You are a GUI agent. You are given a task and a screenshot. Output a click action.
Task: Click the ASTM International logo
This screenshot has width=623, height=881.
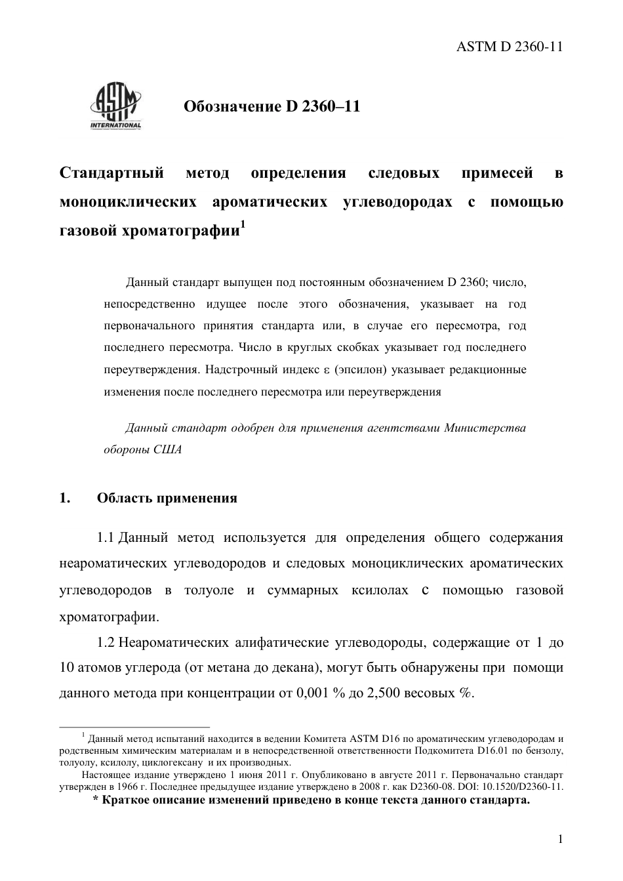coord(115,107)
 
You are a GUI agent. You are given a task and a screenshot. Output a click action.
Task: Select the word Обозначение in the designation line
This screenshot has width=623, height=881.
coord(231,106)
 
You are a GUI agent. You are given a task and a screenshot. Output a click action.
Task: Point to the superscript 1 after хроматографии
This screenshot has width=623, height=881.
coord(243,225)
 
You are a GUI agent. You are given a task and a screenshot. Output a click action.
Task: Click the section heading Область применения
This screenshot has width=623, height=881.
coord(167,498)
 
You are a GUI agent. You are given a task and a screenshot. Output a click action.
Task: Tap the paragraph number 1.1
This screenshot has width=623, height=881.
coord(106,538)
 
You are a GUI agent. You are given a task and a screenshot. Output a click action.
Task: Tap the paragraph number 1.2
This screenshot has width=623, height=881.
coord(106,642)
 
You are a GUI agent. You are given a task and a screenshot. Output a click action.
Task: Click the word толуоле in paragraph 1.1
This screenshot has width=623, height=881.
coord(209,590)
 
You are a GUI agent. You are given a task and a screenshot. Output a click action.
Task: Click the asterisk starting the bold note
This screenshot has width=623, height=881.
coord(96,800)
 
